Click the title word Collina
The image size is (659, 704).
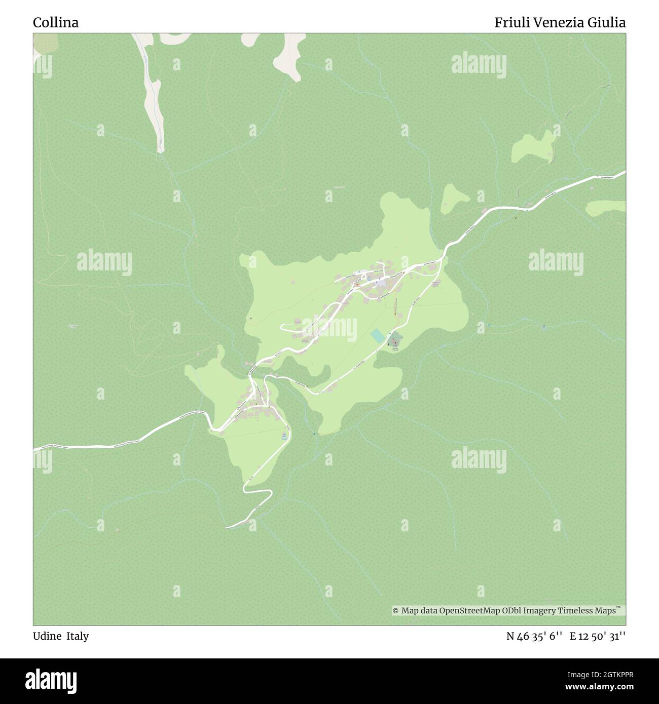point(56,23)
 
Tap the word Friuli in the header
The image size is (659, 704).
point(510,23)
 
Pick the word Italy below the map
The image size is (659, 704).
point(78,636)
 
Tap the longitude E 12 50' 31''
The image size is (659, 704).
point(597,636)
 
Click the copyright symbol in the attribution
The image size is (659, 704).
point(396,611)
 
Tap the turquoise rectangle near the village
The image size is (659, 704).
point(378,335)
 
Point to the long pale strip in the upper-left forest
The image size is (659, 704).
point(152,96)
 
